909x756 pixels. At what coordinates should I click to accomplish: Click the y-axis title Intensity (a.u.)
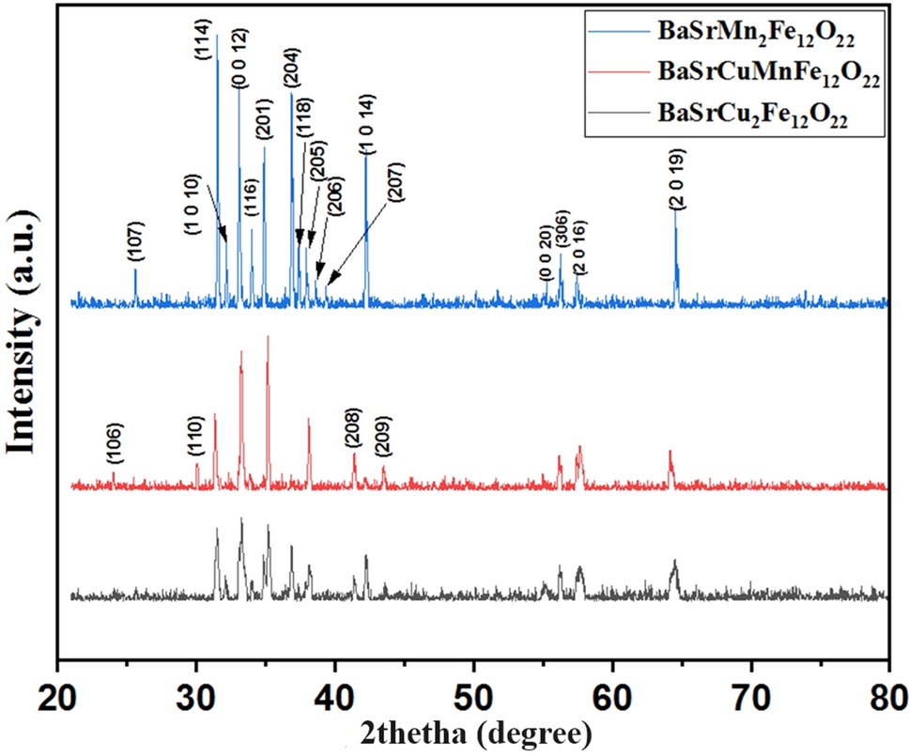tap(23, 339)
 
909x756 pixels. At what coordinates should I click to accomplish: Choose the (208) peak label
tap(353, 431)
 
